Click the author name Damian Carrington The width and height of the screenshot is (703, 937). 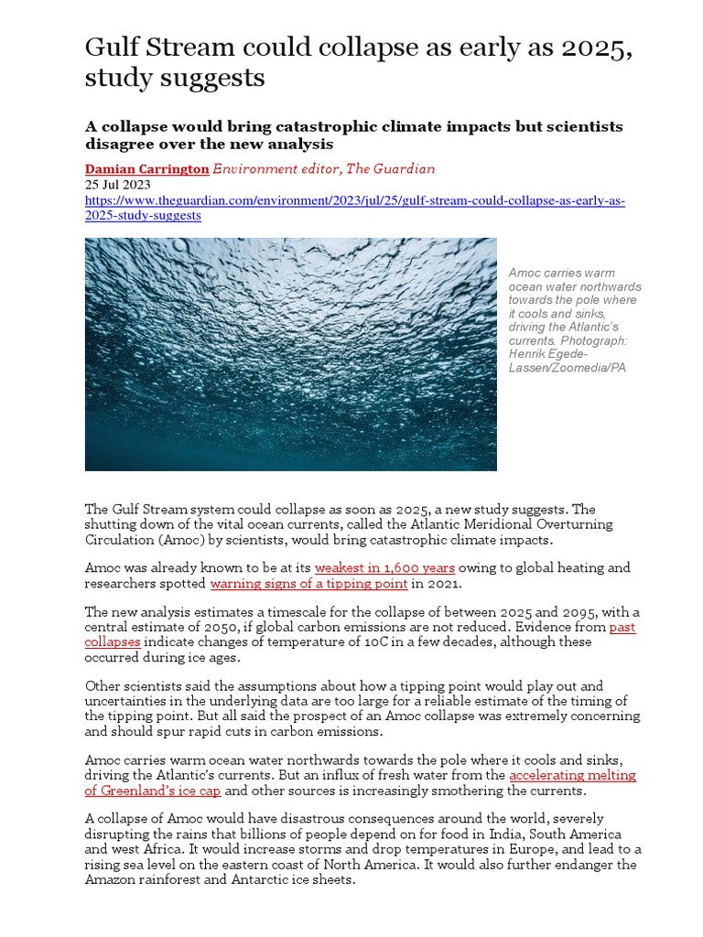pos(146,168)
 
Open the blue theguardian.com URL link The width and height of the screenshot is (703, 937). pos(355,200)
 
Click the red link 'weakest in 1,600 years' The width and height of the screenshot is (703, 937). pos(384,568)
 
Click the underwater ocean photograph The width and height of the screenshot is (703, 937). pos(290,354)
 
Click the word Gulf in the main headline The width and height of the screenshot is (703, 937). pos(112,48)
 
